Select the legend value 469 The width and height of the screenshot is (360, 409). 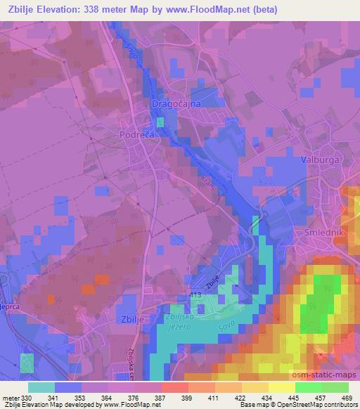(x=347, y=396)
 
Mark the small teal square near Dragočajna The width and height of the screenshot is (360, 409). (x=160, y=122)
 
